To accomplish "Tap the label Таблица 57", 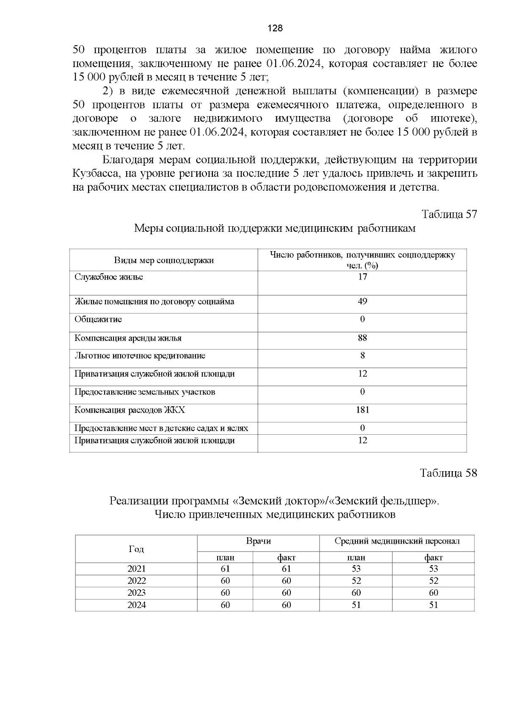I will point(449,214).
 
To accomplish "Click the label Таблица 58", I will point(448,473).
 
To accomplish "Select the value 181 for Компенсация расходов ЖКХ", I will point(362,410).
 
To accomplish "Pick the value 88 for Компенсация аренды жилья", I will point(362,338).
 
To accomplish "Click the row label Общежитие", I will point(98,319).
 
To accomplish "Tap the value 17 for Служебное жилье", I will point(362,277).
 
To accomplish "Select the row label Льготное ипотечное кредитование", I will point(140,356).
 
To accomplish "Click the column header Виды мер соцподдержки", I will point(164,261).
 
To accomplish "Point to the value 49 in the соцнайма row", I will point(362,302).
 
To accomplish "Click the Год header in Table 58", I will point(136,550).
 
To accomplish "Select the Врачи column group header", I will point(258,541).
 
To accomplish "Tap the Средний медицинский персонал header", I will point(397,541).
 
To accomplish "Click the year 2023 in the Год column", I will point(136,593).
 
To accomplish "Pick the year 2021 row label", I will point(136,569).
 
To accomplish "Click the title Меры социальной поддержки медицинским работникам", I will point(275,229).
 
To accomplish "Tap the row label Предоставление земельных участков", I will point(145,392).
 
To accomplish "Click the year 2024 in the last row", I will point(136,605).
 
